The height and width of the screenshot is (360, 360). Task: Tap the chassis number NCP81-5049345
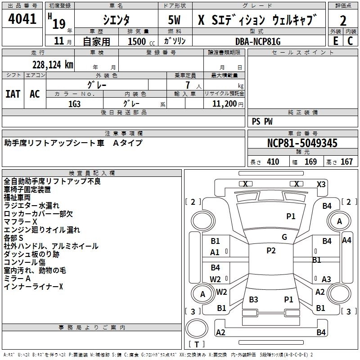302,144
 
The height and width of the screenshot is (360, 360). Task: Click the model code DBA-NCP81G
258,41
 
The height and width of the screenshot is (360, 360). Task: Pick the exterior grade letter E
335,41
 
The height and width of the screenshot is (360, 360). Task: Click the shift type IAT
13,94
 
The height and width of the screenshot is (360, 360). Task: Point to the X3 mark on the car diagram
321,184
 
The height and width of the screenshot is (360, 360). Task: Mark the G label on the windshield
284,237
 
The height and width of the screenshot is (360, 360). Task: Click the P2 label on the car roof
271,251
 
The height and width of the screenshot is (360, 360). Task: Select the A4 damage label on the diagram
346,240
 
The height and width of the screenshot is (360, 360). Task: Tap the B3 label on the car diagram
253,300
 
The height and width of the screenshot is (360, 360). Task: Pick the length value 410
273,162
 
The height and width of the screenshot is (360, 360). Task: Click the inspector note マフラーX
21,222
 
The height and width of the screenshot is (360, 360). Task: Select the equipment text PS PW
262,121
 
